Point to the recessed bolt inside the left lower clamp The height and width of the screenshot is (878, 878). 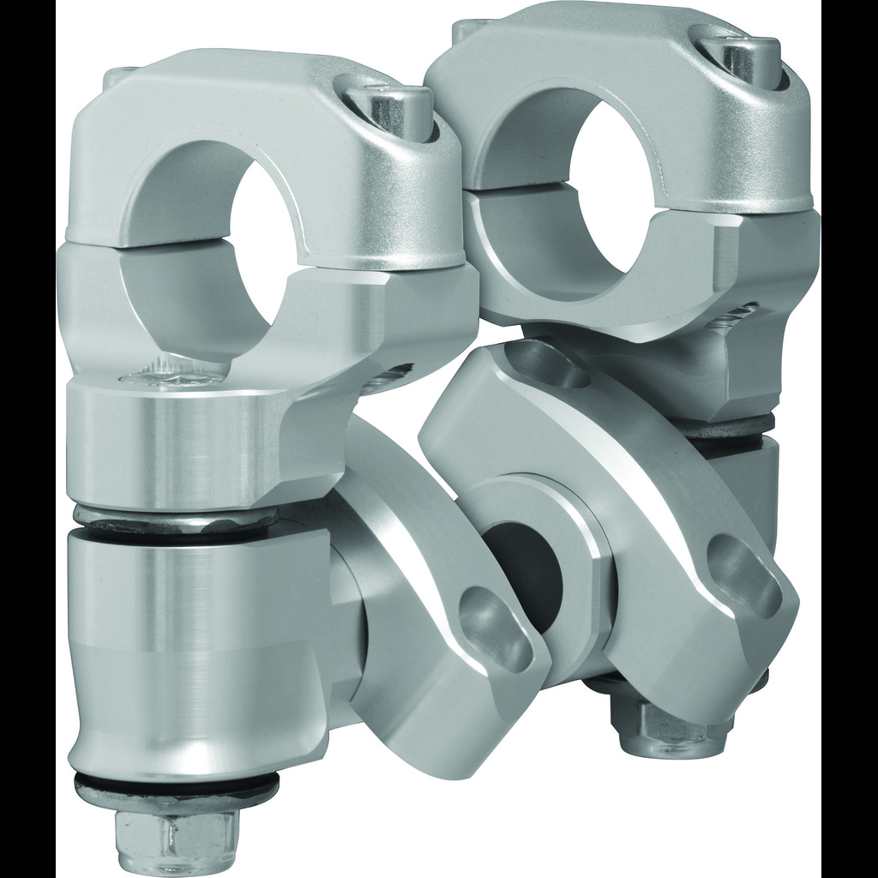pos(167,377)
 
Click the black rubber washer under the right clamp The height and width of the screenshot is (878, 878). pos(729,424)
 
